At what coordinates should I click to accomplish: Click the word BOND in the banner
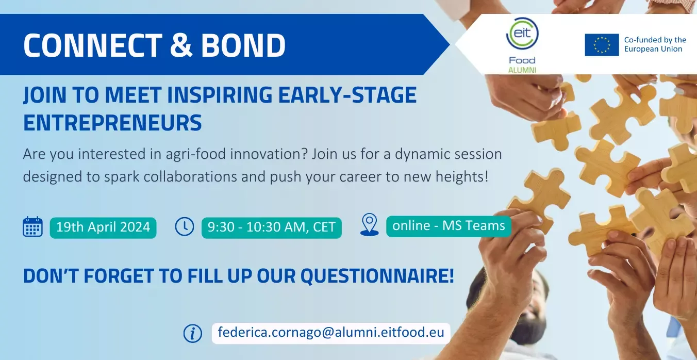click(x=243, y=45)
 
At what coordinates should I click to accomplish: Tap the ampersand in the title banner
click(x=181, y=45)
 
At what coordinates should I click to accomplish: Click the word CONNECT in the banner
click(x=93, y=45)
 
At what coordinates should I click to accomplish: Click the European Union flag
click(x=602, y=45)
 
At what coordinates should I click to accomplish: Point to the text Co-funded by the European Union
click(x=655, y=44)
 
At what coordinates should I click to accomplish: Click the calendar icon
click(x=32, y=227)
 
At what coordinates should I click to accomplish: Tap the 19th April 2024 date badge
click(x=103, y=227)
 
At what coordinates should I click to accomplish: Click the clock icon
click(x=185, y=226)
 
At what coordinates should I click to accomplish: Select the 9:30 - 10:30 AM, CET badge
click(x=271, y=227)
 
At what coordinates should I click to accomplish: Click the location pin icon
click(x=369, y=224)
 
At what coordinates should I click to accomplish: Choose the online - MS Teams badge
click(x=449, y=226)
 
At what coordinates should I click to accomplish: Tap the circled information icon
click(x=193, y=334)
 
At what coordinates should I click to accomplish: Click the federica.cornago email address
click(x=331, y=333)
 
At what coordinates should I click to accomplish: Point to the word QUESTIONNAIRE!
click(x=377, y=276)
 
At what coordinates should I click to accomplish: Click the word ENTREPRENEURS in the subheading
click(x=112, y=123)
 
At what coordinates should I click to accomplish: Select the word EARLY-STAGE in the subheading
click(x=347, y=95)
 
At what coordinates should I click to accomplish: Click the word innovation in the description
click(x=269, y=154)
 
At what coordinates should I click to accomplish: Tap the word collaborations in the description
click(x=190, y=176)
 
